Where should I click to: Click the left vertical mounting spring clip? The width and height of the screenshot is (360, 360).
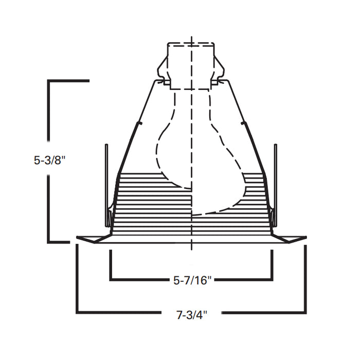click(x=107, y=185)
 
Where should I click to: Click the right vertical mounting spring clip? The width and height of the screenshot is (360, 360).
click(x=275, y=185)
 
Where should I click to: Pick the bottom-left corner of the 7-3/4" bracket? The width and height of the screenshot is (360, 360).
click(x=78, y=312)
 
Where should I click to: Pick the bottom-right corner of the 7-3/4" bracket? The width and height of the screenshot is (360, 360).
click(x=305, y=312)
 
